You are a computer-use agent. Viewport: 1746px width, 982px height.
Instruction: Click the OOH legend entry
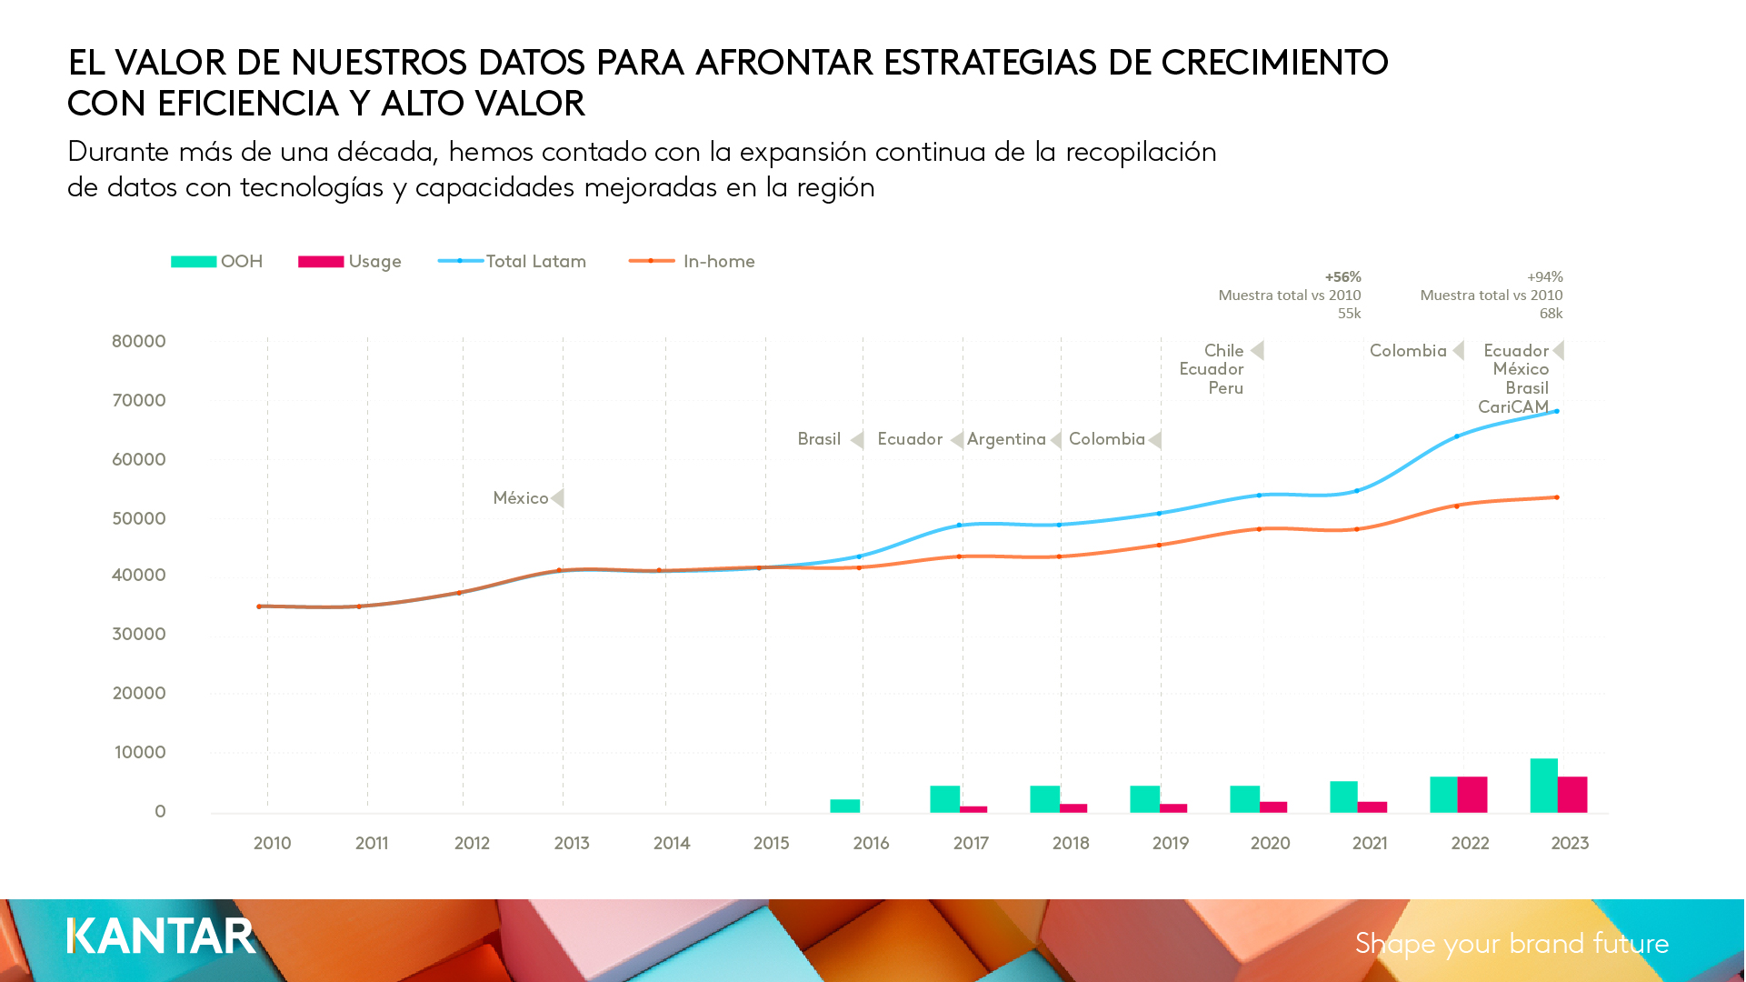coord(217,262)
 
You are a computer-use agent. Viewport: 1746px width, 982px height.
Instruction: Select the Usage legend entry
coord(350,262)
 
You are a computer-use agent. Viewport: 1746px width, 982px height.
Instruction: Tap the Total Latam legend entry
coord(513,262)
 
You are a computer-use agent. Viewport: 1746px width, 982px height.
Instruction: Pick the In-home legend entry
coord(693,262)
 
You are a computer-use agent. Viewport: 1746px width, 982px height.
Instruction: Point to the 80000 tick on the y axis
coord(139,342)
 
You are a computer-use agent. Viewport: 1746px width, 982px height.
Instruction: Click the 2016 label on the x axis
coord(871,844)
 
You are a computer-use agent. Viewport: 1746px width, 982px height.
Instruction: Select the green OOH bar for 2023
coord(1543,786)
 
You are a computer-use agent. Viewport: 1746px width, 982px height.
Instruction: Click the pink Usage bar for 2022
coord(1472,795)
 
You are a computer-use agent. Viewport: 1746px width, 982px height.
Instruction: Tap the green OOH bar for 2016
coord(844,806)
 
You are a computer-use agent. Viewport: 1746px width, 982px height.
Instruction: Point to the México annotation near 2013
coord(521,498)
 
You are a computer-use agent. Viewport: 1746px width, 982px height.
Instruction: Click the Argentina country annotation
coord(1006,439)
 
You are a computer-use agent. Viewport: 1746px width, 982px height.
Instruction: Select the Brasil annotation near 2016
coord(819,439)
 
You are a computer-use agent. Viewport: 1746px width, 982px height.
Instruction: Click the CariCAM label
coord(1512,406)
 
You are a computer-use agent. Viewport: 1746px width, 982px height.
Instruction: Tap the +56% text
coord(1342,277)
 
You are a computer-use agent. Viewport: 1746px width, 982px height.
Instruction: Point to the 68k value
coord(1551,314)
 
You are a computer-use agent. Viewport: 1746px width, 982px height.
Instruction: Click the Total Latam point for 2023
coord(1557,412)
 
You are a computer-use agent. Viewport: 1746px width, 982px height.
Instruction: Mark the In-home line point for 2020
coord(1259,529)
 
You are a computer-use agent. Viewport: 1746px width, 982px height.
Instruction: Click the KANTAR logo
coord(162,937)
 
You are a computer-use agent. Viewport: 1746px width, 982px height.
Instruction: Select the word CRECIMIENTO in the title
coord(1274,63)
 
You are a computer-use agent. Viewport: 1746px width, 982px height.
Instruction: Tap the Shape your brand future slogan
coord(1512,944)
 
